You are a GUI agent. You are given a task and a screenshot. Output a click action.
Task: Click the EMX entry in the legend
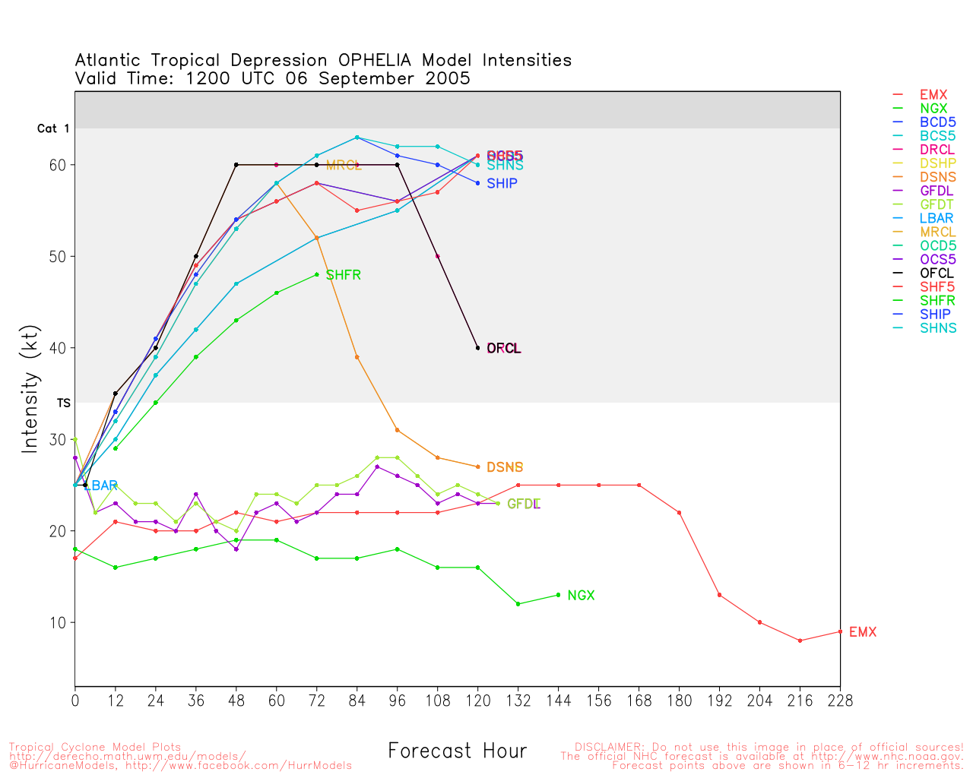click(933, 95)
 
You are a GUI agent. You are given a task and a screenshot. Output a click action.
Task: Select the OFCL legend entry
click(937, 274)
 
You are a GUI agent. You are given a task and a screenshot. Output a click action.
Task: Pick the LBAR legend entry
click(937, 219)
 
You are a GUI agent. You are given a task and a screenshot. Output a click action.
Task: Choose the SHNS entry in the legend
click(938, 328)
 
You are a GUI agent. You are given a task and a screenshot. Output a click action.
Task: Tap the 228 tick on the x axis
click(840, 701)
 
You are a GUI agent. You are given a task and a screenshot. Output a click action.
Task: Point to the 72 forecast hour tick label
click(317, 701)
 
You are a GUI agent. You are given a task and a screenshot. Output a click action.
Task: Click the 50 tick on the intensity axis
click(58, 257)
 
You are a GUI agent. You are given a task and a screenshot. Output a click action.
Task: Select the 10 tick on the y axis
click(58, 623)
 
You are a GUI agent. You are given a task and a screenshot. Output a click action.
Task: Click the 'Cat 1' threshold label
click(53, 129)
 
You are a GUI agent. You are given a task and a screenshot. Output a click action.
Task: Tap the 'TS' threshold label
click(64, 403)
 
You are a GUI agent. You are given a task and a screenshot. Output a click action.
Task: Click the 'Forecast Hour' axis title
click(458, 751)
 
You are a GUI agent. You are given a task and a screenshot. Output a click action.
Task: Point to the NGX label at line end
click(581, 596)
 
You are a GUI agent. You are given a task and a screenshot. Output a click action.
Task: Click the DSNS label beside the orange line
click(505, 468)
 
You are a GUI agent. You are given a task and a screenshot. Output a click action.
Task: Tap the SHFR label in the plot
click(344, 275)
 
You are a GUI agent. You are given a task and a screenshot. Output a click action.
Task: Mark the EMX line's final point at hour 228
click(840, 631)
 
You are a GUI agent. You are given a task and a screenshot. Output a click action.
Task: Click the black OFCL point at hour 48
click(236, 165)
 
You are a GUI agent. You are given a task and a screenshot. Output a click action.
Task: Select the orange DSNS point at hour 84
click(357, 357)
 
